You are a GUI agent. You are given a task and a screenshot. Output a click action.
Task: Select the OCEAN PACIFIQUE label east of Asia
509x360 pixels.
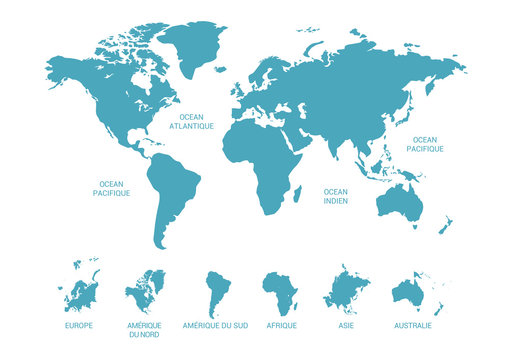pyautogui.click(x=425, y=144)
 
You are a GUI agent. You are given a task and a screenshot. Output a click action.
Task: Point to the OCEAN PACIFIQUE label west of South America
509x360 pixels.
pyautogui.click(x=111, y=187)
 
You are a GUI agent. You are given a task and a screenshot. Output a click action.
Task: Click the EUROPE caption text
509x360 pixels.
pyautogui.click(x=78, y=326)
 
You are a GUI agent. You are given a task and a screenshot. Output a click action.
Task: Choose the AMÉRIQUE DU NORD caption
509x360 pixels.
pyautogui.click(x=146, y=330)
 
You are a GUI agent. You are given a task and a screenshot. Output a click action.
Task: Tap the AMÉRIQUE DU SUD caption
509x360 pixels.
pyautogui.click(x=215, y=326)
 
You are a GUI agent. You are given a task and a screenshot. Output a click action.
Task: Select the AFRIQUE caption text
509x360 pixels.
pyautogui.click(x=281, y=326)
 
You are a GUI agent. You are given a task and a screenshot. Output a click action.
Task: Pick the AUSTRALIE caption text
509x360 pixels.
pyautogui.click(x=413, y=326)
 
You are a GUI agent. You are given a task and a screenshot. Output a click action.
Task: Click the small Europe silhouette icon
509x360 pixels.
pyautogui.click(x=80, y=290)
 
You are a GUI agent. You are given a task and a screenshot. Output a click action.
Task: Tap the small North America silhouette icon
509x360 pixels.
pyautogui.click(x=146, y=291)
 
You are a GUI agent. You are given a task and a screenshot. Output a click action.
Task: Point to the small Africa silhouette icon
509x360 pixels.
pyautogui.click(x=281, y=293)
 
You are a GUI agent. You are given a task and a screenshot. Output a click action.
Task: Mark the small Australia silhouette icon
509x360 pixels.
pyautogui.click(x=409, y=292)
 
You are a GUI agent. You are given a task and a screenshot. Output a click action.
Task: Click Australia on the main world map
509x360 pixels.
pyautogui.click(x=400, y=203)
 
